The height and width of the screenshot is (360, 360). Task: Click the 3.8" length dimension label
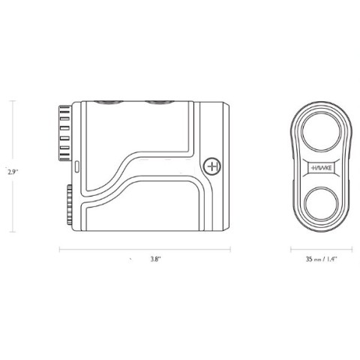[156, 259]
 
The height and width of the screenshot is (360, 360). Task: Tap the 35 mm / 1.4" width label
[322, 259]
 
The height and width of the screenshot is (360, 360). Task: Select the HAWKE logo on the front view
[321, 168]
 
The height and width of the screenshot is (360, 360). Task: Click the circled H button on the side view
[212, 166]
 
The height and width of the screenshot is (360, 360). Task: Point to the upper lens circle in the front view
[321, 131]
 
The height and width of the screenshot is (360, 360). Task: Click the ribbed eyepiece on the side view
[65, 133]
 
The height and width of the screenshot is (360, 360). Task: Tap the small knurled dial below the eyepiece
[69, 205]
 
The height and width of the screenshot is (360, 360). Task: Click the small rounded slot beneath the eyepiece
[77, 166]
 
